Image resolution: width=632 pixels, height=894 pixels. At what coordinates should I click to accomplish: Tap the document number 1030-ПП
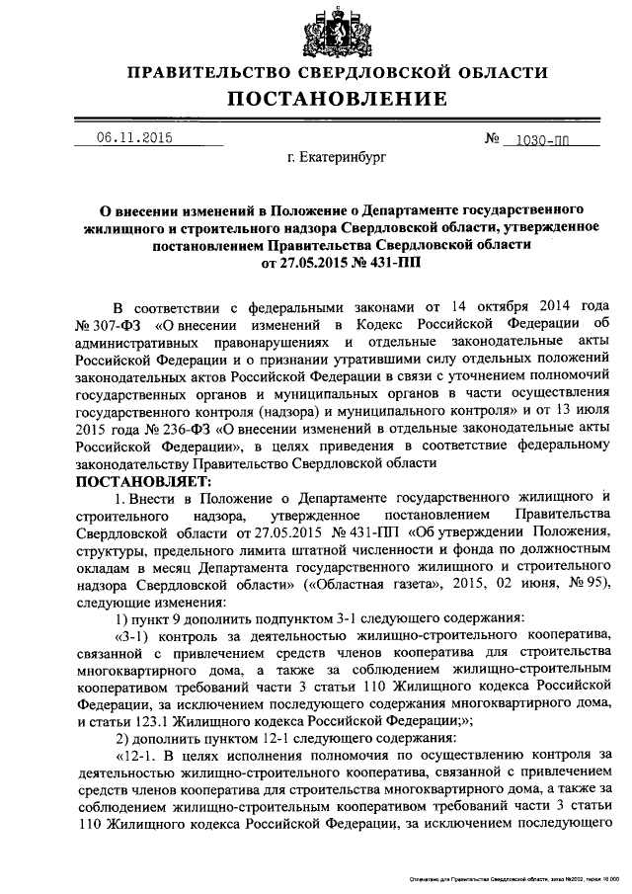pyautogui.click(x=549, y=139)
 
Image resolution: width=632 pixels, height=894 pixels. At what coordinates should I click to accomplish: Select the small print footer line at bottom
pyautogui.click(x=513, y=879)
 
